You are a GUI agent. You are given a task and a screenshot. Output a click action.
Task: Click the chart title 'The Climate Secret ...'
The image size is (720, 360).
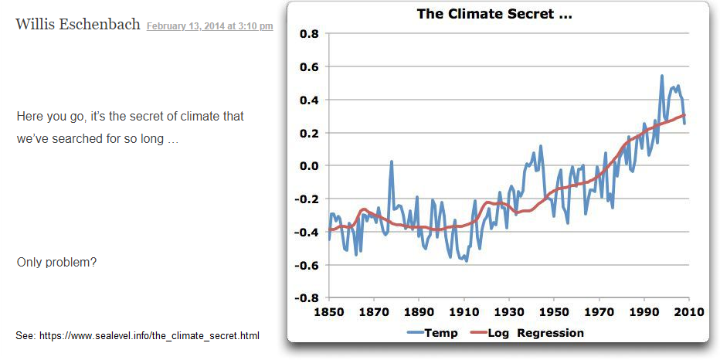coord(494,14)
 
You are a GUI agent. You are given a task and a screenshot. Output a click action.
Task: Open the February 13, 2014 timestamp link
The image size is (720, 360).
coord(209,26)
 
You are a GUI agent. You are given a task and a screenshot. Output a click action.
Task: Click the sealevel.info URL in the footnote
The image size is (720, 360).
coord(148,335)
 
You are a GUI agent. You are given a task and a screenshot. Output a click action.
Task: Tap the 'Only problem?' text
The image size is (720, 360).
coord(56,263)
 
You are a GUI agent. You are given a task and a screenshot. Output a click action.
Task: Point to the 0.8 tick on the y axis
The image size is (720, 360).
coord(309,34)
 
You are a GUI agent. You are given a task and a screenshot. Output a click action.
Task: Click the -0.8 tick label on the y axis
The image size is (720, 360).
coord(307,298)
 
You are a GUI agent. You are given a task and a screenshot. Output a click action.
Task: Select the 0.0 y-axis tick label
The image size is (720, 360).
coord(309,166)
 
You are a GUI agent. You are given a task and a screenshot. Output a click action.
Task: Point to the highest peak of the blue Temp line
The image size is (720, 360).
coord(662,76)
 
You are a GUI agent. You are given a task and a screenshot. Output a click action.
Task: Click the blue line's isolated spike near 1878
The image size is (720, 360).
coord(392,161)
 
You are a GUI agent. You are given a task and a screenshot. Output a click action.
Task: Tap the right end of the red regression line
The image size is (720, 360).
coord(684,116)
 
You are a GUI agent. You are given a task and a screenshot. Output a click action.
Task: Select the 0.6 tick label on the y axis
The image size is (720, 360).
coord(309,67)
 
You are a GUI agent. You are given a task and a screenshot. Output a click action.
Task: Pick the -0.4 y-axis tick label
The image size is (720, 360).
coord(307,233)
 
